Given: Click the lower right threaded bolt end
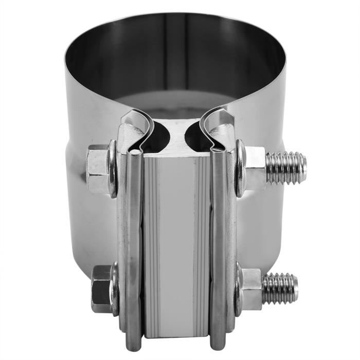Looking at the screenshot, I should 280,289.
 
